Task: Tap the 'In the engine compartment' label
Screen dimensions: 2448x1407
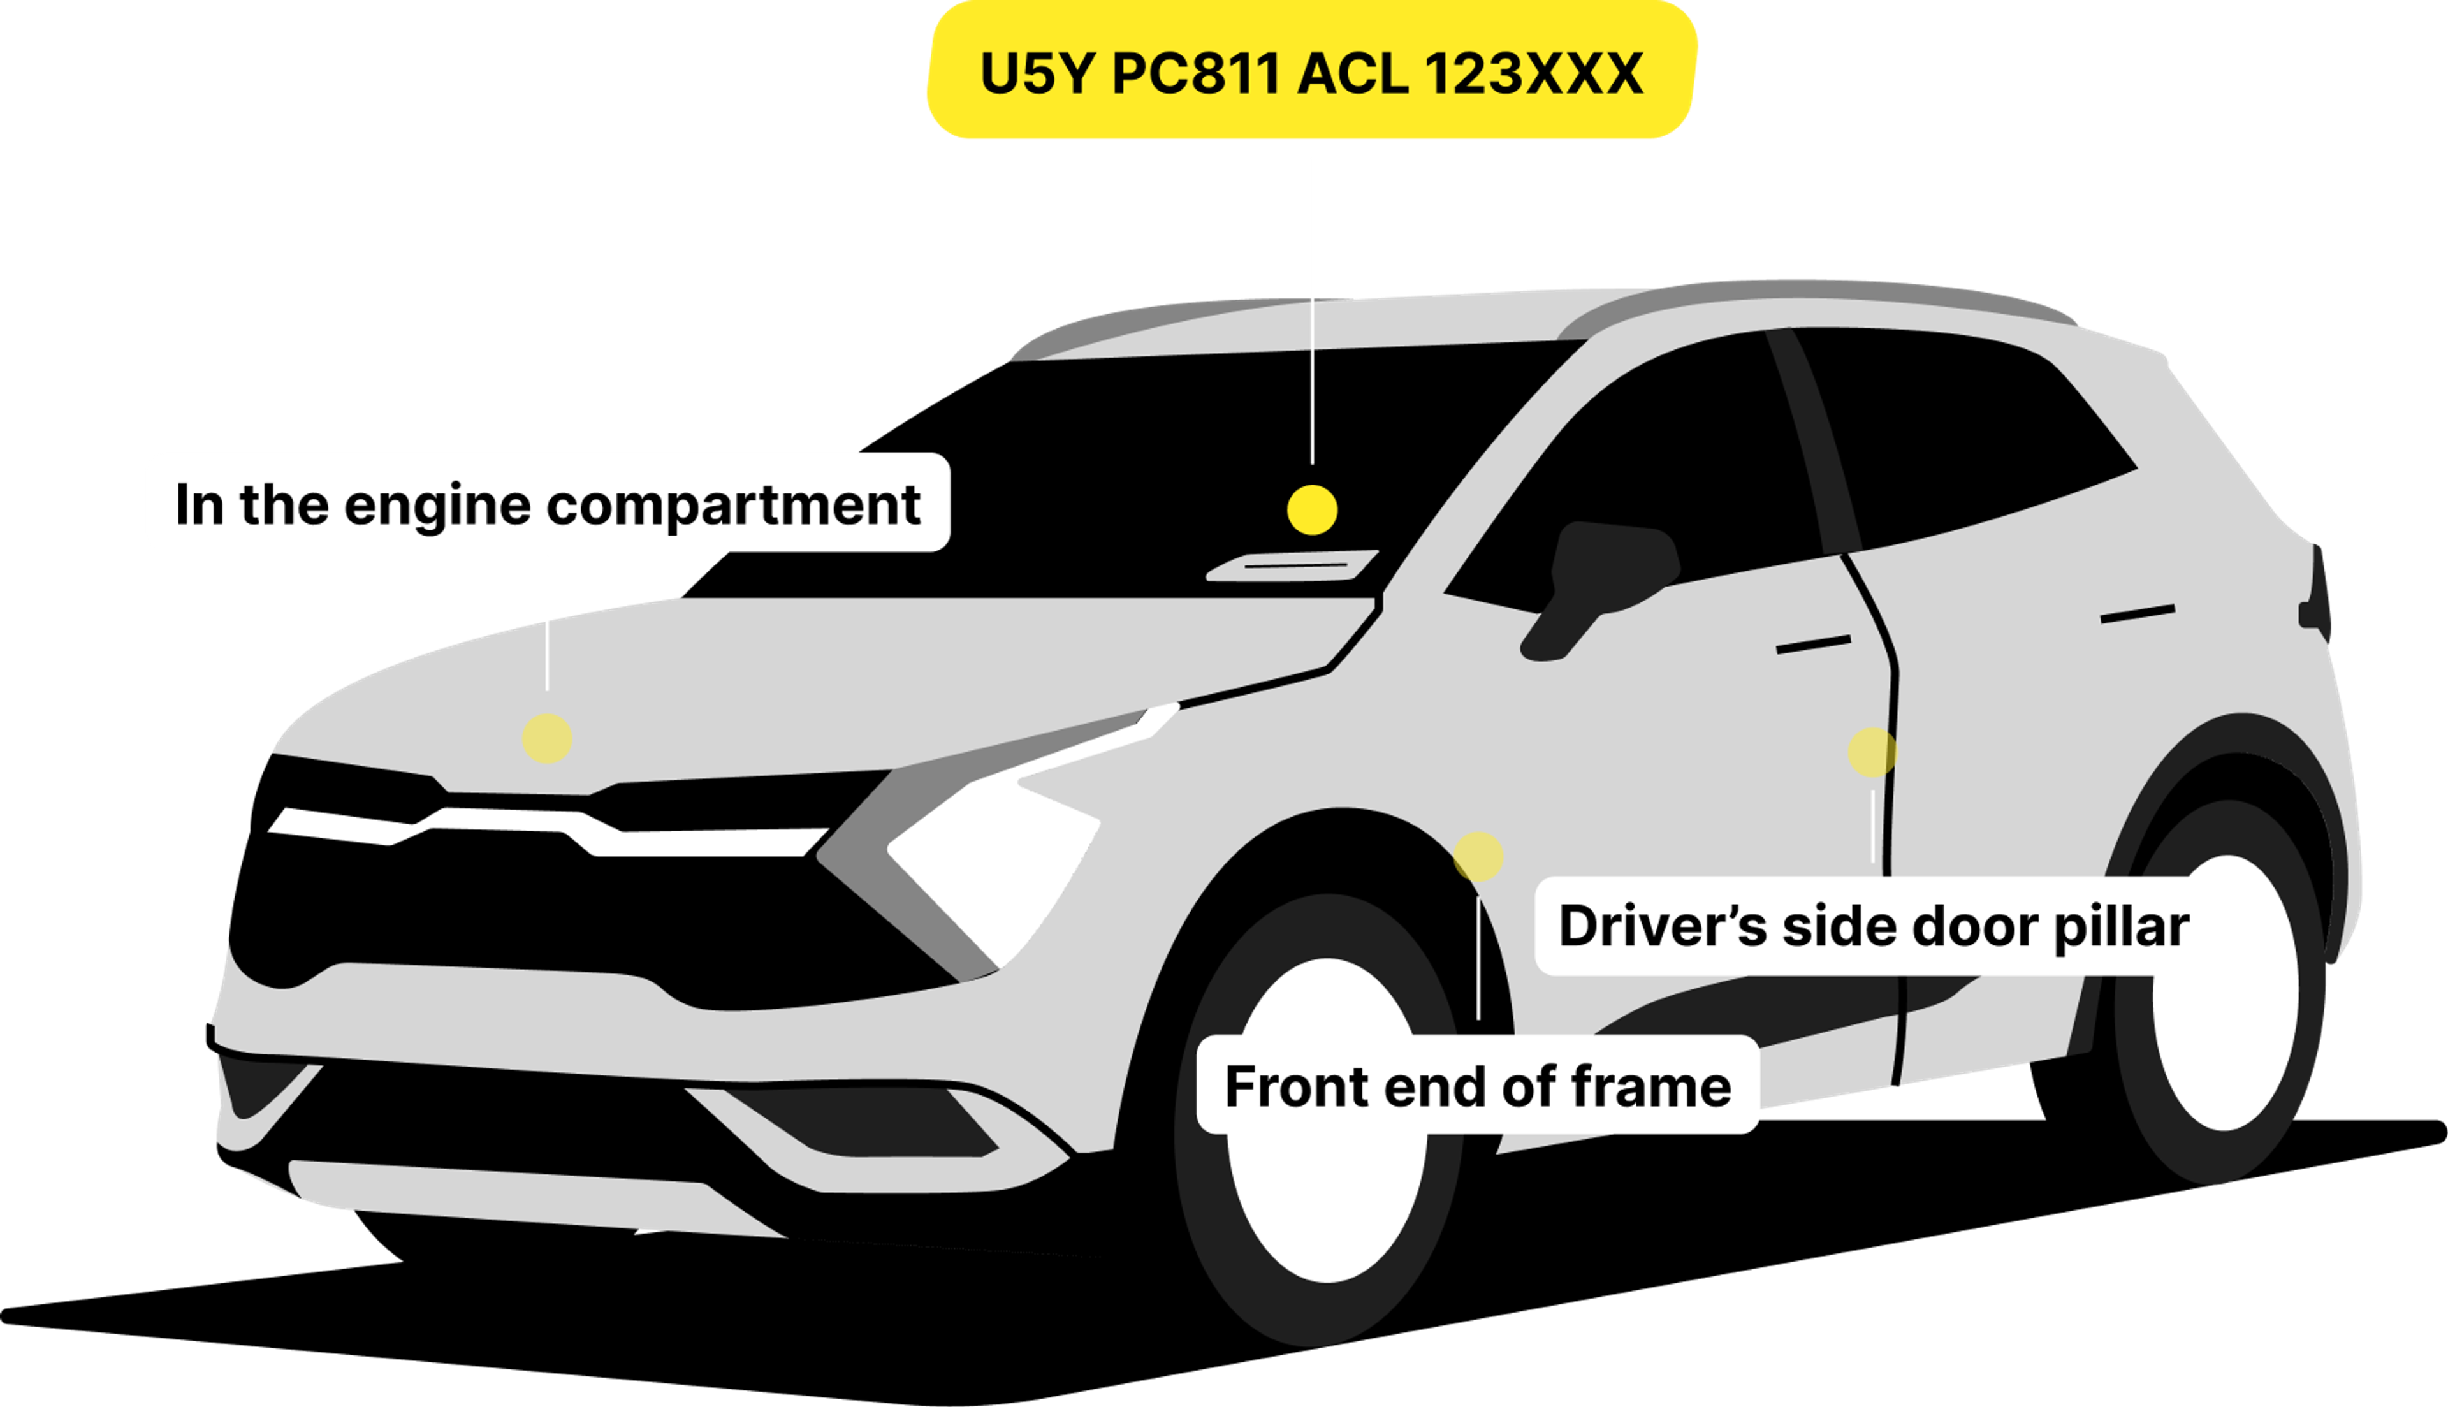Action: point(547,504)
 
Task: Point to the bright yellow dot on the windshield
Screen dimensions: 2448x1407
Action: point(1312,509)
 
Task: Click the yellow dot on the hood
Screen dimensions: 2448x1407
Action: point(547,738)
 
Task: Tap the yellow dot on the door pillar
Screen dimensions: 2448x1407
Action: point(1872,752)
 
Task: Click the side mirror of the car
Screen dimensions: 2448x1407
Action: point(1604,580)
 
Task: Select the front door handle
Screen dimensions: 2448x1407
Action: point(1813,644)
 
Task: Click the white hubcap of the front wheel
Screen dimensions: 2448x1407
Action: point(1327,1121)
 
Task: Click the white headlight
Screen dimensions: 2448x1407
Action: point(995,850)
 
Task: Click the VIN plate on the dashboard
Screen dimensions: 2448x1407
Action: point(1293,565)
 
